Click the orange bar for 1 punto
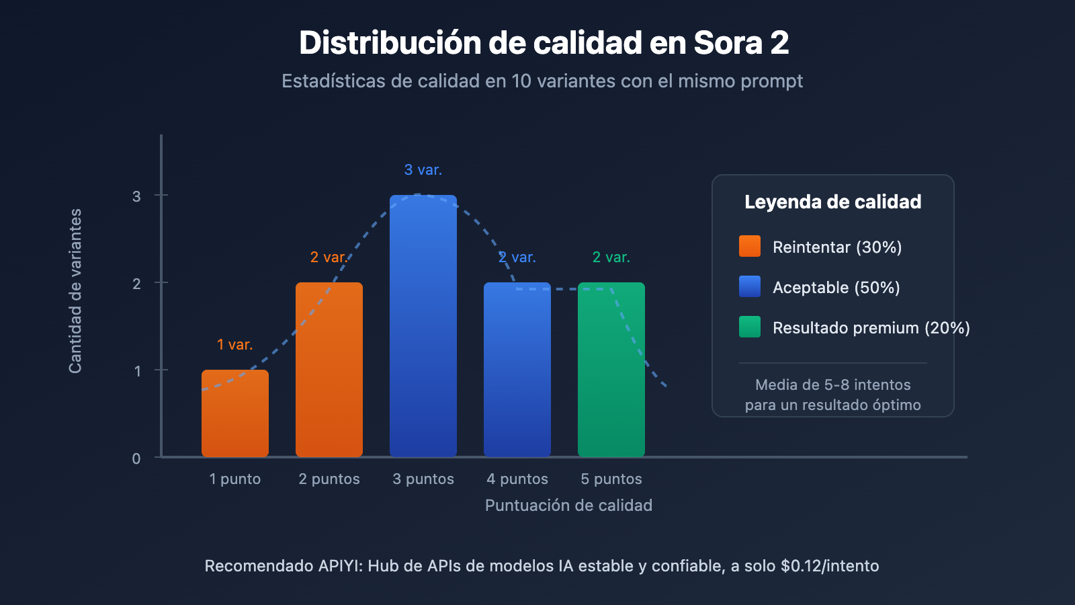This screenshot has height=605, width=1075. [235, 413]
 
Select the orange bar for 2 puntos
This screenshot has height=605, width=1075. [329, 370]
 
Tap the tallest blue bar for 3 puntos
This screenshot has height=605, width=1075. [423, 326]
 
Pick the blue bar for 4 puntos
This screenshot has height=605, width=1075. [517, 370]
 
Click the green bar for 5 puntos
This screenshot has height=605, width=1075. [611, 370]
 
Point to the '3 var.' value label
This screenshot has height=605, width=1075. [423, 170]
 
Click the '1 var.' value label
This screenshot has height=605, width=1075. [235, 345]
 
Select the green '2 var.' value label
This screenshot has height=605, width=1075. [611, 257]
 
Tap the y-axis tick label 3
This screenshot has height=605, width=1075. [137, 196]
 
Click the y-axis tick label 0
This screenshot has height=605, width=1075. [136, 458]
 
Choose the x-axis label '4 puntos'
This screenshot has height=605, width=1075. [517, 479]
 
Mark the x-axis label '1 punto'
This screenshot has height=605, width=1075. [235, 479]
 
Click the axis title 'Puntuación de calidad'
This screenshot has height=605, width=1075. [568, 506]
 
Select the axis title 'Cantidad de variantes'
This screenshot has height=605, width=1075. [75, 290]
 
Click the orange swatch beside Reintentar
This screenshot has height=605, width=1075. [750, 246]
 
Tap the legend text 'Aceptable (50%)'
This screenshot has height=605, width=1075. [836, 288]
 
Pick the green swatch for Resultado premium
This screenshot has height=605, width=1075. [750, 327]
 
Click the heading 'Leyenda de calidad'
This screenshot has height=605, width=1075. [833, 202]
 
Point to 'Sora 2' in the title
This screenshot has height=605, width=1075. [741, 43]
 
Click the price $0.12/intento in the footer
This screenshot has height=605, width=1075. [830, 566]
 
